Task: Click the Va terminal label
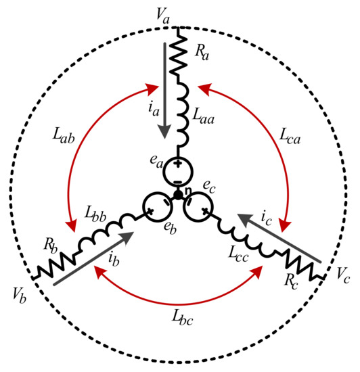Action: [x=163, y=17]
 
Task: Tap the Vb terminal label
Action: [x=20, y=296]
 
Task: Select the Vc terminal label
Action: [x=343, y=276]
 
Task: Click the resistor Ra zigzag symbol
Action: [x=178, y=55]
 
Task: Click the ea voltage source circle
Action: [x=179, y=172]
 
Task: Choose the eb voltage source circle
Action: [x=157, y=207]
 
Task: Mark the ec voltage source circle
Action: [x=199, y=207]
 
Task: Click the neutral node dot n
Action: [x=178, y=195]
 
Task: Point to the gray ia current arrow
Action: [x=164, y=91]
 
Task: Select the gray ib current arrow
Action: [x=95, y=258]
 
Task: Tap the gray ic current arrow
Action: [x=279, y=238]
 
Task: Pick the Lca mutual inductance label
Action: [x=290, y=137]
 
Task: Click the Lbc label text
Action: [x=182, y=318]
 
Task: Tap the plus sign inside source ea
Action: [x=178, y=164]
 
